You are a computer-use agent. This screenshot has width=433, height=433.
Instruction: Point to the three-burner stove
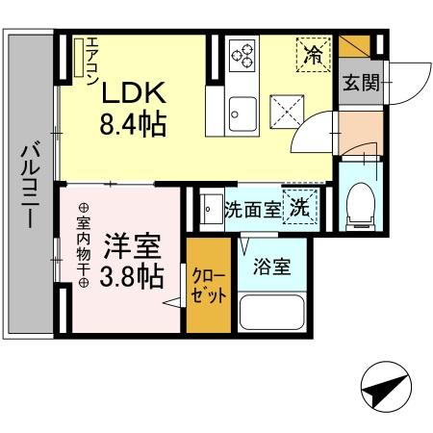(x=243, y=54)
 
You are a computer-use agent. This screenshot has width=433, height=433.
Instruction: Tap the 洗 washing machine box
(x=301, y=205)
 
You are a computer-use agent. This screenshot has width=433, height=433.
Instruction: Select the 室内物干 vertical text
(x=83, y=244)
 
